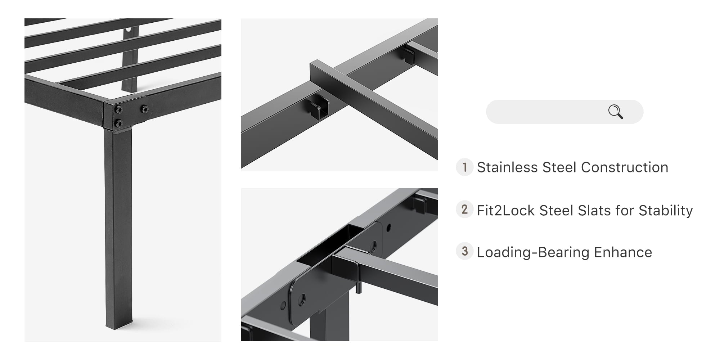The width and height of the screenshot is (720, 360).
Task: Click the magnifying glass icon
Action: (616, 112)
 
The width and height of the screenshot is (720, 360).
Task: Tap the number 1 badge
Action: (464, 167)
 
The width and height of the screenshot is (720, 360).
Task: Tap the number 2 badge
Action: (464, 210)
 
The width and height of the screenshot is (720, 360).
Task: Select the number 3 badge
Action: (464, 251)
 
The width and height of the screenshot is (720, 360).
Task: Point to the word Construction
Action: (625, 167)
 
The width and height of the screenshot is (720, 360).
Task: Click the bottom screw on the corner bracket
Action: (118, 124)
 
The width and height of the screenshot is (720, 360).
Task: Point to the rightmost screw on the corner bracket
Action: (144, 108)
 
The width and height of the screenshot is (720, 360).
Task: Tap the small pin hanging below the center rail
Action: (358, 288)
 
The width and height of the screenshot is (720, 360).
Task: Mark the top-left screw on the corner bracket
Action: (118, 109)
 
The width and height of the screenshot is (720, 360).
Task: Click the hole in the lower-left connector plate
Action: (302, 298)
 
